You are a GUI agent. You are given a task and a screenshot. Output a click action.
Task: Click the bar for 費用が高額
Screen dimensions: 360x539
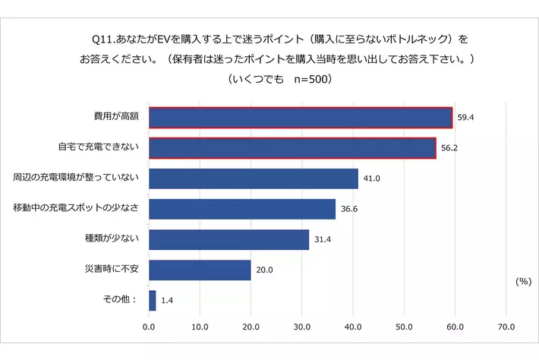[301, 118]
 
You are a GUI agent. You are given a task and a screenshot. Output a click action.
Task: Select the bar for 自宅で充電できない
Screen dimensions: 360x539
[292, 148]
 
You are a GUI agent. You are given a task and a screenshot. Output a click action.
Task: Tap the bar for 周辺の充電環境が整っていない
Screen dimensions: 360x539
[254, 178]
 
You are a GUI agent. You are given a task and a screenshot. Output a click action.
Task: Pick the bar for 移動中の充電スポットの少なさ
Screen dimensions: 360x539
[242, 209]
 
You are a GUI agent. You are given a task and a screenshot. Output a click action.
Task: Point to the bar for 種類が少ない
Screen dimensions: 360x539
[229, 239]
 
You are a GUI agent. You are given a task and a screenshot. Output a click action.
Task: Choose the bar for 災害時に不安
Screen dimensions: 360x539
[200, 270]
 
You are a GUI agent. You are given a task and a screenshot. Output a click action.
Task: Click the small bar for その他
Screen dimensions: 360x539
[153, 300]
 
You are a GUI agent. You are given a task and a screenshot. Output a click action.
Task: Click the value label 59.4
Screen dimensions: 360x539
[465, 118]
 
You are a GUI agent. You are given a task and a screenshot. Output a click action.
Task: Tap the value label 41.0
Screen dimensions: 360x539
[371, 179]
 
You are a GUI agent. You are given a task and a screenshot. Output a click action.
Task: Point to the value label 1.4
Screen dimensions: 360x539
[167, 301]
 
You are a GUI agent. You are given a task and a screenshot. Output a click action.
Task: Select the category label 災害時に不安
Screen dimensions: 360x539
[111, 269]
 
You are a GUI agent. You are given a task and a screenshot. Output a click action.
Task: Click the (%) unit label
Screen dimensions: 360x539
[522, 281]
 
